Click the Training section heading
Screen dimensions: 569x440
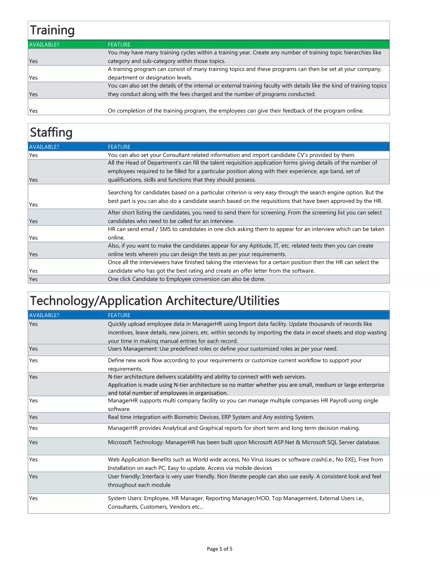click(x=52, y=30)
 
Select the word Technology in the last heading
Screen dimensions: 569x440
click(x=61, y=301)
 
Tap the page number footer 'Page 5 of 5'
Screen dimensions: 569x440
click(x=220, y=549)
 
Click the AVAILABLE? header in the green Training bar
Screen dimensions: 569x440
click(x=44, y=44)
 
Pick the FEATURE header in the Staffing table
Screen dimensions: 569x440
click(x=119, y=147)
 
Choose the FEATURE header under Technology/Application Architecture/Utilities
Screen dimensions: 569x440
click(x=119, y=315)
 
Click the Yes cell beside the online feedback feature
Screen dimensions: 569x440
click(x=33, y=111)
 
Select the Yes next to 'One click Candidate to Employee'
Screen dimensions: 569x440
click(x=33, y=279)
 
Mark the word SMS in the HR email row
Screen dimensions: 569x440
click(x=165, y=229)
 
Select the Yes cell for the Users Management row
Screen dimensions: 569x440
click(x=33, y=349)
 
